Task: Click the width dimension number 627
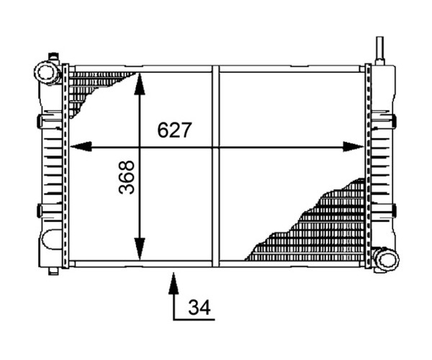coord(174,130)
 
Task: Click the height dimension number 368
coord(127,177)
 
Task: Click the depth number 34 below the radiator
coord(199,307)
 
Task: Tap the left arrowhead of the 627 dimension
coord(81,147)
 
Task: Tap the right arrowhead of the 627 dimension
coord(354,147)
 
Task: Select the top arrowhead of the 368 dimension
coord(140,84)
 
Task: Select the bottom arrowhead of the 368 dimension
coord(140,249)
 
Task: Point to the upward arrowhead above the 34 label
coord(174,283)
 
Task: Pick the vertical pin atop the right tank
coord(380,50)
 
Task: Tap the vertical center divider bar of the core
coord(216,166)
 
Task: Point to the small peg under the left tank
coord(53,271)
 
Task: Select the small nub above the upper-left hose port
coord(53,57)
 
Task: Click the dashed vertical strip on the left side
coord(66,166)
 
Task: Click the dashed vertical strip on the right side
coord(368,166)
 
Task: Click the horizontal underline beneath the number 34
coord(194,320)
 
